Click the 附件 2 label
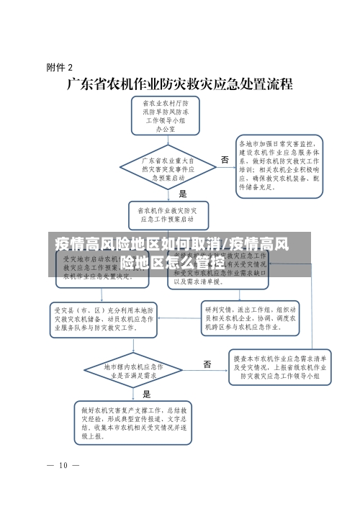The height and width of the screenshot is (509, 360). [x=59, y=68]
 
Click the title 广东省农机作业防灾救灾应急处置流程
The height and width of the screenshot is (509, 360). [x=179, y=84]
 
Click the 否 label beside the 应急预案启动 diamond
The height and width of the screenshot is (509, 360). [x=225, y=159]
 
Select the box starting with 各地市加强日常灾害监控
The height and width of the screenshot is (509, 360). [x=281, y=165]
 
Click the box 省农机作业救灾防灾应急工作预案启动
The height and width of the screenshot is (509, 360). [x=166, y=214]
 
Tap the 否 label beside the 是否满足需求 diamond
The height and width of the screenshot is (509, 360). [x=207, y=364]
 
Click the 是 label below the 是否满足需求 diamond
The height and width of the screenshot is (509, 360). [x=147, y=394]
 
